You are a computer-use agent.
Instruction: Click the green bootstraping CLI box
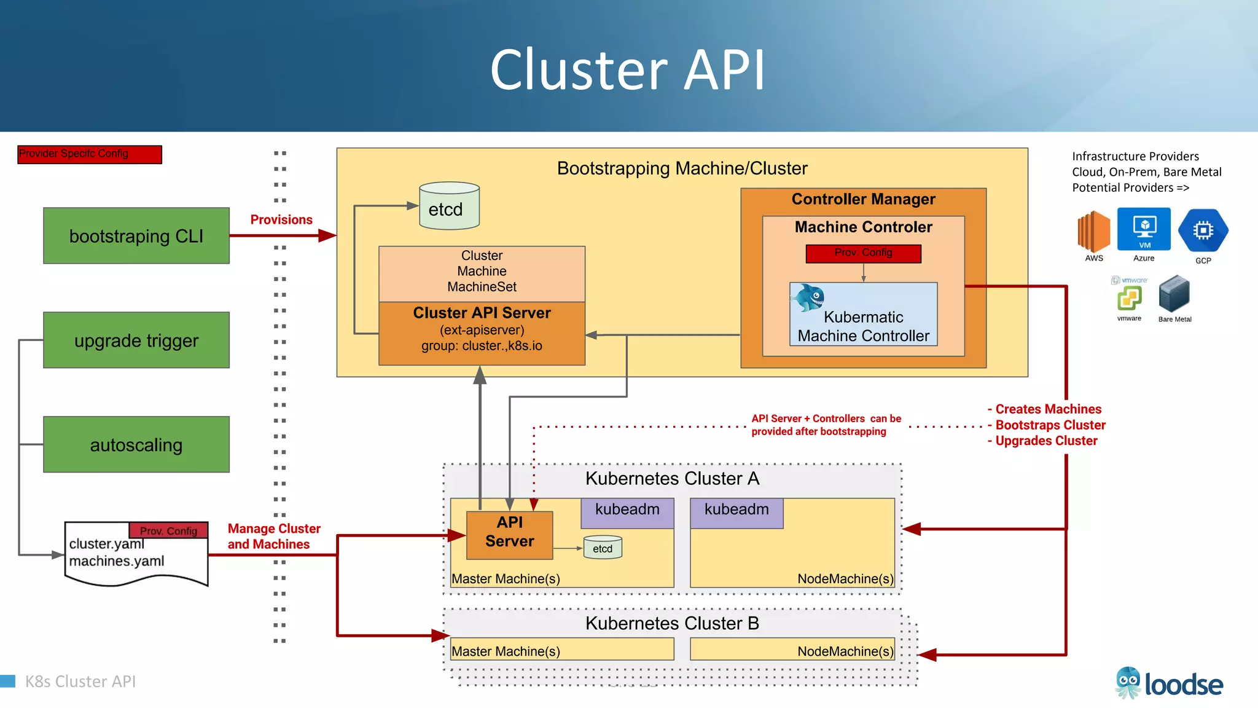136,236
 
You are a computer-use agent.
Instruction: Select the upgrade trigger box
136,340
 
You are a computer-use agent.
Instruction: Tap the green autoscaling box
136,444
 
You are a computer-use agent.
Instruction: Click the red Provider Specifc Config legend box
90,154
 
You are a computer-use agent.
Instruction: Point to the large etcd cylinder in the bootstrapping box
449,206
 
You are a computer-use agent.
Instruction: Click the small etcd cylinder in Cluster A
603,548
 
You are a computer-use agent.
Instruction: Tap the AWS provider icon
1093,232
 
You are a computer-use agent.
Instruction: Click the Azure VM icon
1144,229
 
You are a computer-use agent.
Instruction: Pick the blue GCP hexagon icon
1203,230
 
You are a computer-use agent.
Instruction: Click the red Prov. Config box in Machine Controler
863,253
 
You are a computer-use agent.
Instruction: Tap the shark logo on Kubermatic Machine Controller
808,297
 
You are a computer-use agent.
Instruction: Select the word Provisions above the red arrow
281,220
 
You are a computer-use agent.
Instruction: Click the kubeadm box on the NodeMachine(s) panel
736,513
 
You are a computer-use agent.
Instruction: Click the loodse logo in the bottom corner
1169,683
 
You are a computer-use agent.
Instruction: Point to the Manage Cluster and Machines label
273,536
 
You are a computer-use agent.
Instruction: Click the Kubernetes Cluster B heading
672,623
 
